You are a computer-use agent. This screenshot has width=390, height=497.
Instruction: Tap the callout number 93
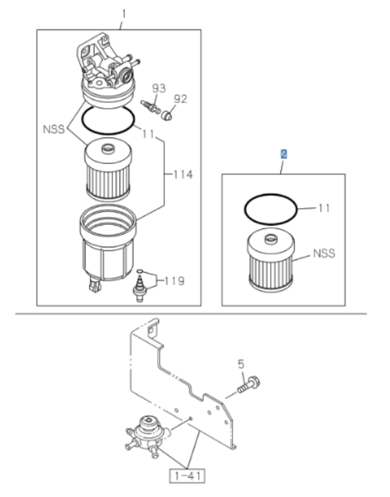point(158,88)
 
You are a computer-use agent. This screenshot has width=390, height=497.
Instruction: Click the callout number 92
point(181,98)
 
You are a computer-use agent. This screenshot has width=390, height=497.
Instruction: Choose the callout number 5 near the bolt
point(240,364)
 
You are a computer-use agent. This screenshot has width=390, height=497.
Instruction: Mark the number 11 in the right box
point(324,208)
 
